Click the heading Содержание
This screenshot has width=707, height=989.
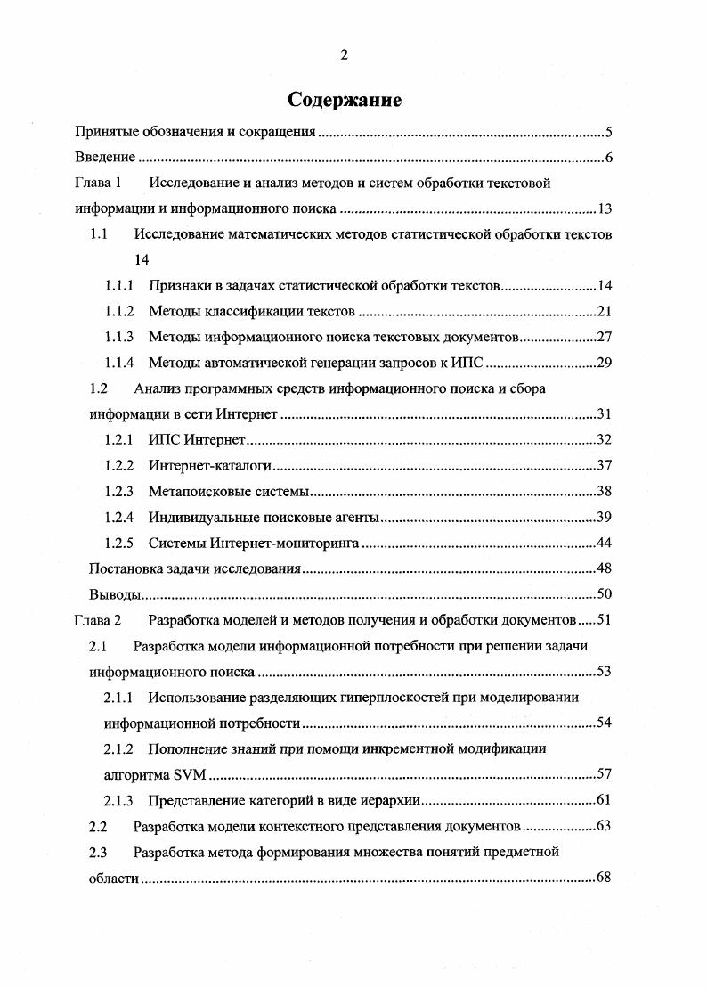(345, 100)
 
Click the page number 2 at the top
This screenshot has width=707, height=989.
(345, 55)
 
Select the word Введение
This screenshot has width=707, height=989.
(103, 158)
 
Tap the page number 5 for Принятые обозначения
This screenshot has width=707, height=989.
(607, 133)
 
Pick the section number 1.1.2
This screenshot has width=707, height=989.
(118, 312)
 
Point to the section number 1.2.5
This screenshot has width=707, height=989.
(118, 543)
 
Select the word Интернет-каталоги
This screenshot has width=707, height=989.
(210, 466)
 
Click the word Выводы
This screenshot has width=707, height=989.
(116, 594)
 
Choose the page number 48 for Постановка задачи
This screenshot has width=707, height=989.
(602, 568)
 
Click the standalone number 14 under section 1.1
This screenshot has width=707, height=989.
(141, 261)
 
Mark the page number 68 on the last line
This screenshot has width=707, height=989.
(602, 878)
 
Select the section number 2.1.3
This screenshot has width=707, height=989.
(118, 799)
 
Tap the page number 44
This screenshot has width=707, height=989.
(602, 543)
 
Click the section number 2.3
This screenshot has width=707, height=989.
(100, 852)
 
